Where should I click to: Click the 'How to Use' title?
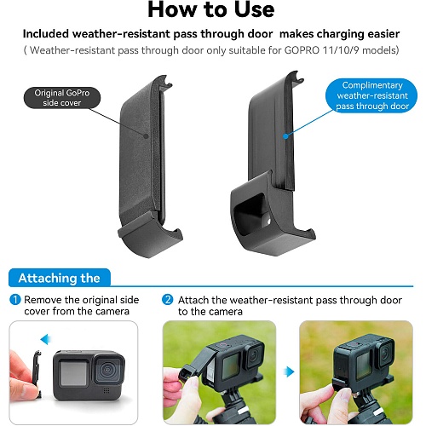[211, 10]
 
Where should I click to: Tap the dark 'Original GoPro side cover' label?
[62, 98]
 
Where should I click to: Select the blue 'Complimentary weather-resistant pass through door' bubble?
[371, 95]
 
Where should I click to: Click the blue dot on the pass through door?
[285, 136]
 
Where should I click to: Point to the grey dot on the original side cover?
[146, 136]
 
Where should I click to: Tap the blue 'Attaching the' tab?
[60, 278]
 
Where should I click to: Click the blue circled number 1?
[15, 300]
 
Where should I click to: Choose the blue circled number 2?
[168, 300]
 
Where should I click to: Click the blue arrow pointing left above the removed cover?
[45, 339]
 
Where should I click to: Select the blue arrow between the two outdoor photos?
[289, 371]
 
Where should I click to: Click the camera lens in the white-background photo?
[107, 370]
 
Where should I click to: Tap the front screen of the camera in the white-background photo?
[73, 373]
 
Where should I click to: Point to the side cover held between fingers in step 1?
[37, 372]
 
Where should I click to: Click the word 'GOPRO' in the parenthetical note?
[302, 50]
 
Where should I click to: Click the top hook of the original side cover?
[164, 82]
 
